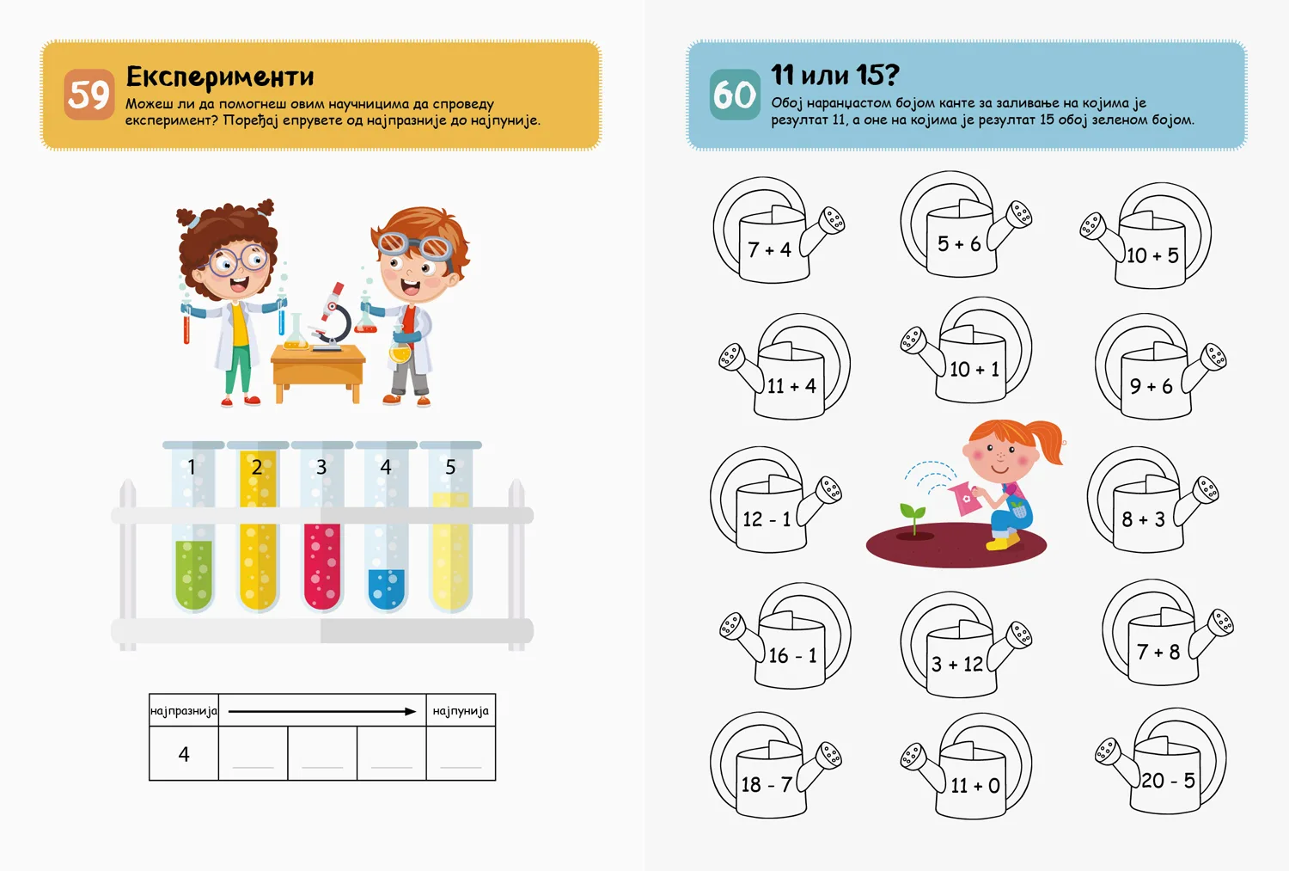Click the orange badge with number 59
pyautogui.click(x=89, y=95)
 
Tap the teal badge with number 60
pyautogui.click(x=735, y=95)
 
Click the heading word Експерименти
pyautogui.click(x=220, y=76)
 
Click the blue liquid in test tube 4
pyautogui.click(x=386, y=588)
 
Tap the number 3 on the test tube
pyautogui.click(x=321, y=467)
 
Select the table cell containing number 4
pyautogui.click(x=184, y=753)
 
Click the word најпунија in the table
pyautogui.click(x=461, y=711)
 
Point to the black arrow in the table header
pyautogui.click(x=322, y=712)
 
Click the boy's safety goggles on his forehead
pyautogui.click(x=415, y=245)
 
